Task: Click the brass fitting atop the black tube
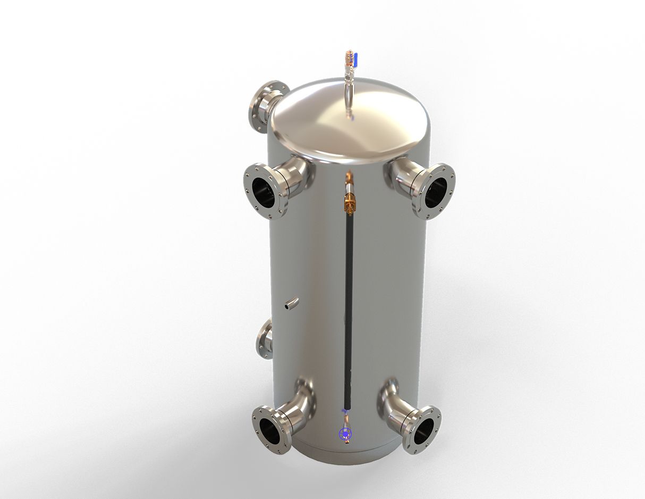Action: pyautogui.click(x=349, y=202)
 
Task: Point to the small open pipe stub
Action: pyautogui.click(x=291, y=304)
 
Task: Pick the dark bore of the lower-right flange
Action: pyautogui.click(x=421, y=430)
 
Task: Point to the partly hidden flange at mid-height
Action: pyautogui.click(x=264, y=340)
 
